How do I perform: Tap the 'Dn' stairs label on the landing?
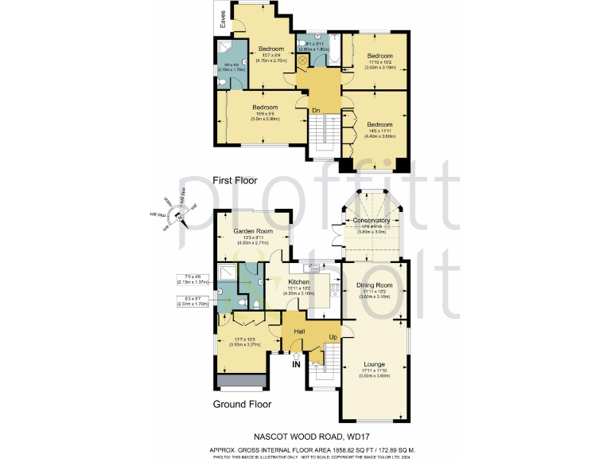[x=316, y=109]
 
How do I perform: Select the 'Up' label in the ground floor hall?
[x=333, y=338]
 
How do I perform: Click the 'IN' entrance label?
[x=296, y=365]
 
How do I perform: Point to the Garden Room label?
[x=252, y=232]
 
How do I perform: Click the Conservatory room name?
[x=372, y=220]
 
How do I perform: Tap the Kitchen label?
[x=298, y=282]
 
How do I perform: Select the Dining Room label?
[x=374, y=284]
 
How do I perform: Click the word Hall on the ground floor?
[x=300, y=331]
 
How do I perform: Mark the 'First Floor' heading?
[x=235, y=181]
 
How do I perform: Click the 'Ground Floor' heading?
[x=242, y=404]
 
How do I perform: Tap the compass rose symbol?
[x=179, y=214]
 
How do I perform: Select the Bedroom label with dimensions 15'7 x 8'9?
[x=271, y=51]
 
